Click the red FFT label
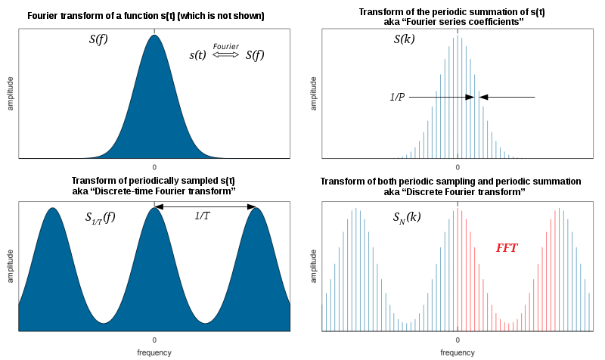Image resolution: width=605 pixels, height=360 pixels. (x=507, y=247)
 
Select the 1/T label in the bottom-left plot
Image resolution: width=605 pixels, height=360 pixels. (x=203, y=216)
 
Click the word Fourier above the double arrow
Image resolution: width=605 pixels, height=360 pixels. (x=225, y=47)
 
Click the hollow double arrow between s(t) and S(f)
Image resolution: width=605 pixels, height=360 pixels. (x=225, y=55)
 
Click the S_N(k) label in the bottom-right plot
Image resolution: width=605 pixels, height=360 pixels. (x=407, y=218)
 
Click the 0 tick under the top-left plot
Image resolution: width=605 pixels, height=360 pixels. (x=154, y=166)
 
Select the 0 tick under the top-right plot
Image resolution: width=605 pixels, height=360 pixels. (x=458, y=166)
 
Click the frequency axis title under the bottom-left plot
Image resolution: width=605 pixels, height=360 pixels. (x=154, y=352)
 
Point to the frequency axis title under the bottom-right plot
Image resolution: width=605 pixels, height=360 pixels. (x=458, y=352)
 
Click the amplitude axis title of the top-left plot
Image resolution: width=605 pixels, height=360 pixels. (x=11, y=94)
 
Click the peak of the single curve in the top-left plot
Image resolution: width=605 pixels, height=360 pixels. (x=154, y=35)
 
